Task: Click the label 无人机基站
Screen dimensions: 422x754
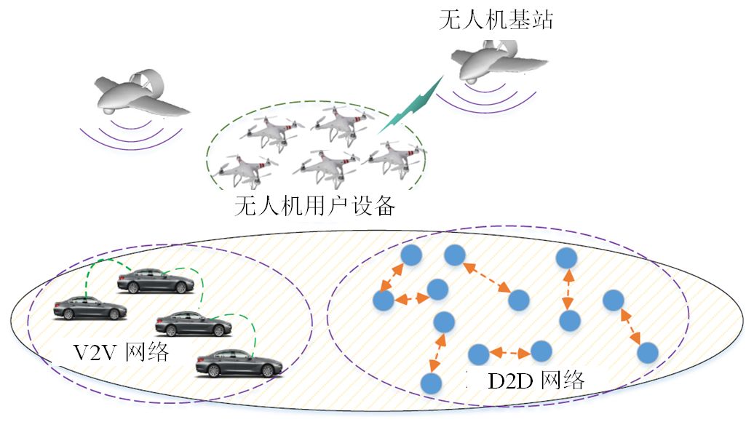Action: coord(496,19)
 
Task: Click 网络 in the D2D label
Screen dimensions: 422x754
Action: coord(562,378)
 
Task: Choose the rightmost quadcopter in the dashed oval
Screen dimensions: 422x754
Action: coord(393,156)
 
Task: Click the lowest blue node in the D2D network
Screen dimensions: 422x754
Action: coord(432,383)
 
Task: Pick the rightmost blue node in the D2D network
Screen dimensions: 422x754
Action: coord(647,352)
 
